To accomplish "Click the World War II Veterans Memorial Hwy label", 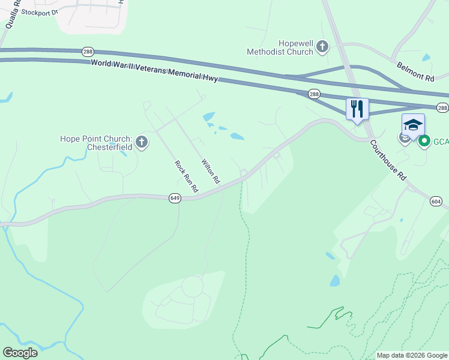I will point(154,71).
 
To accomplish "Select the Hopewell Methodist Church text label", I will point(280,47).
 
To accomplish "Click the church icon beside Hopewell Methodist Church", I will point(322,46).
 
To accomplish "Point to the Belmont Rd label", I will point(414,70).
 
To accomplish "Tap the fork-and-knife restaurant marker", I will point(357,109).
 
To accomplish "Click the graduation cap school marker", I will point(412,125).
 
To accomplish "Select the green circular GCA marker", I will point(424,142).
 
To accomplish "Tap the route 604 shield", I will point(436,202).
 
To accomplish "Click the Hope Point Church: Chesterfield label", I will point(95,143).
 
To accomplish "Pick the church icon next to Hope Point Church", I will point(142,142).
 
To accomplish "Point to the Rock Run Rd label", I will point(186,176).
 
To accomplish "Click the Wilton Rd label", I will point(210,172).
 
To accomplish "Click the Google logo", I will point(20,353).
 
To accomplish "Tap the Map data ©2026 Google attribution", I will point(411,355).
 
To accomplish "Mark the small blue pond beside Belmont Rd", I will point(426,58).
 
